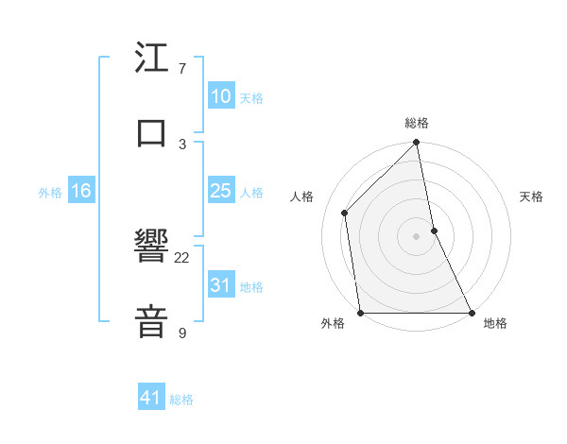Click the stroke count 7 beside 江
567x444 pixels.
coord(182,69)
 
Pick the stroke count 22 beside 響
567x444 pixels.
coord(182,257)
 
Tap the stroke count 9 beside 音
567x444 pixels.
coord(182,333)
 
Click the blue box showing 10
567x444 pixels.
coord(220,96)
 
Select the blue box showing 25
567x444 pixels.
coord(220,191)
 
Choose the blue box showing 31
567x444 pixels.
coord(220,285)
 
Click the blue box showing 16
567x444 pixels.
coord(80,191)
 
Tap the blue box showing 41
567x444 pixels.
coord(151,398)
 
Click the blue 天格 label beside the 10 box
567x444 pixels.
coord(250,98)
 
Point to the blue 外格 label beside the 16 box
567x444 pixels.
coord(50,193)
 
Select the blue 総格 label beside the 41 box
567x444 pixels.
coord(181,400)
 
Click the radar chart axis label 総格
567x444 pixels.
coord(417,123)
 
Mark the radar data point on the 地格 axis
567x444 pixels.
coord(472,313)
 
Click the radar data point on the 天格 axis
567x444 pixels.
coord(434,231)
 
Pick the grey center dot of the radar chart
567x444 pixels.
coord(417,236)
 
